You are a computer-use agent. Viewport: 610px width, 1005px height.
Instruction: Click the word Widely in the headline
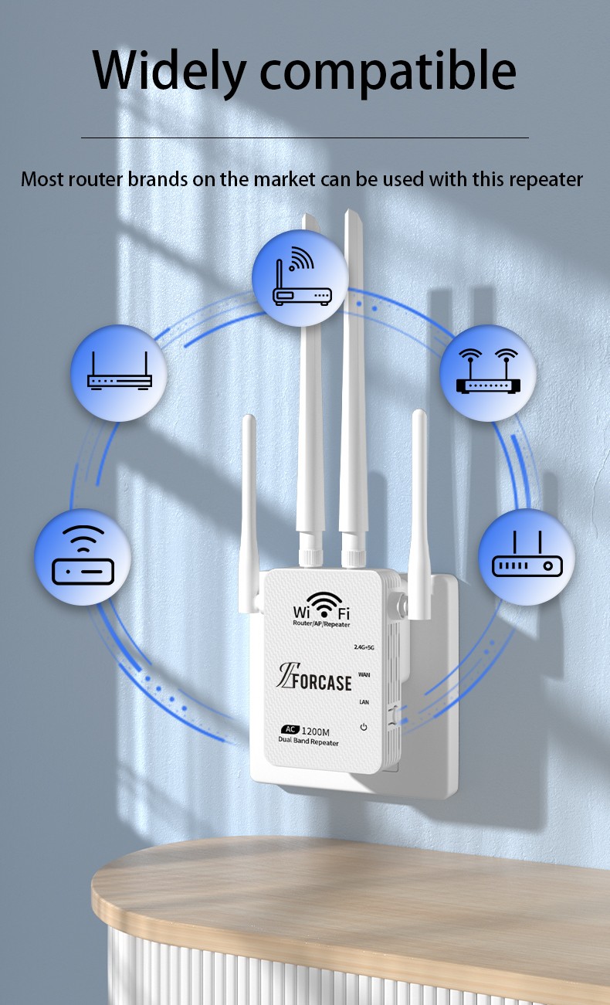point(166,71)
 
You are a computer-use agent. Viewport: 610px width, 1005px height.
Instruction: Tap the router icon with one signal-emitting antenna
point(301,280)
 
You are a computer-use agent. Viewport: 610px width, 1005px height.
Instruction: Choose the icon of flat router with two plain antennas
point(120,373)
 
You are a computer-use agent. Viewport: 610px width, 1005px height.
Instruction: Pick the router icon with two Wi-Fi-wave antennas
point(488,373)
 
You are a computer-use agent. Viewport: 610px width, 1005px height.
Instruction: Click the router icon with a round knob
point(527,557)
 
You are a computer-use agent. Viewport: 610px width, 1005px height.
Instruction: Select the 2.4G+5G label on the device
point(364,647)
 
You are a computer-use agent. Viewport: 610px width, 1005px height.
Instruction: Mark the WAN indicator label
point(364,674)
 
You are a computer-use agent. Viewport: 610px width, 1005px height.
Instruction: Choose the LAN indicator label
point(364,701)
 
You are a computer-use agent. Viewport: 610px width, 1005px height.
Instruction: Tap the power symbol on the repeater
point(363,728)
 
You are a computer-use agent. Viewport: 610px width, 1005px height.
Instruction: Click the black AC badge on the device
point(290,729)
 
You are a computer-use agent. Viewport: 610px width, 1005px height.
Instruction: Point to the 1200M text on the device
point(317,730)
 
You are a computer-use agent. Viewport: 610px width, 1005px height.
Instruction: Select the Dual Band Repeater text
point(309,742)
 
